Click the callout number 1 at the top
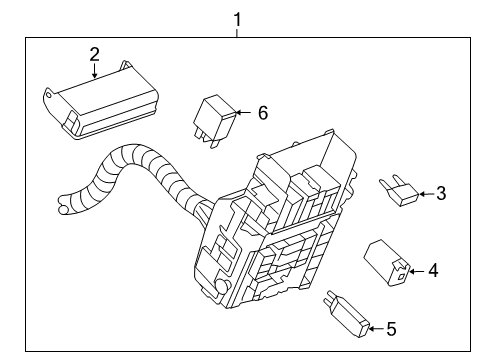[237, 20]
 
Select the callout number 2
[95, 54]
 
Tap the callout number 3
[441, 193]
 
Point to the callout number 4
[433, 271]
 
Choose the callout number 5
[391, 329]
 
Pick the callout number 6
[263, 113]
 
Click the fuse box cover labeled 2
[101, 100]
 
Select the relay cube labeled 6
[215, 120]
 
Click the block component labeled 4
[387, 263]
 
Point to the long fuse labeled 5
[346, 314]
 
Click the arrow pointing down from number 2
[95, 70]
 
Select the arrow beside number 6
[243, 112]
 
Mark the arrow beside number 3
[426, 194]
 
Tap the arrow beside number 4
[417, 272]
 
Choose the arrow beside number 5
[376, 329]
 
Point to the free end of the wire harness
[63, 206]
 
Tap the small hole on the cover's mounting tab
[49, 95]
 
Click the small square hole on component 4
[402, 276]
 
